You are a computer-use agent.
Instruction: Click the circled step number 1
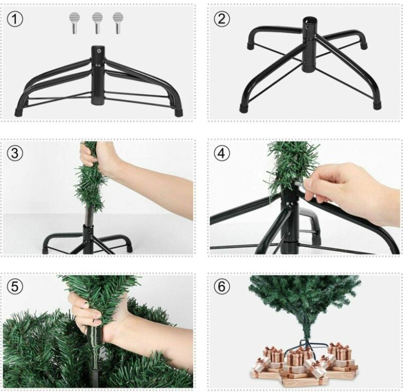[16, 19]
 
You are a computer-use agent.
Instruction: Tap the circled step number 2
[222, 19]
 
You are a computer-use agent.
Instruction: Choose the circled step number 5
[16, 287]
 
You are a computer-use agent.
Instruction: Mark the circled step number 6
[222, 287]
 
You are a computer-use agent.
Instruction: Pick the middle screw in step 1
[97, 22]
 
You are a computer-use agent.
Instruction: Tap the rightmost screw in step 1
[118, 22]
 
